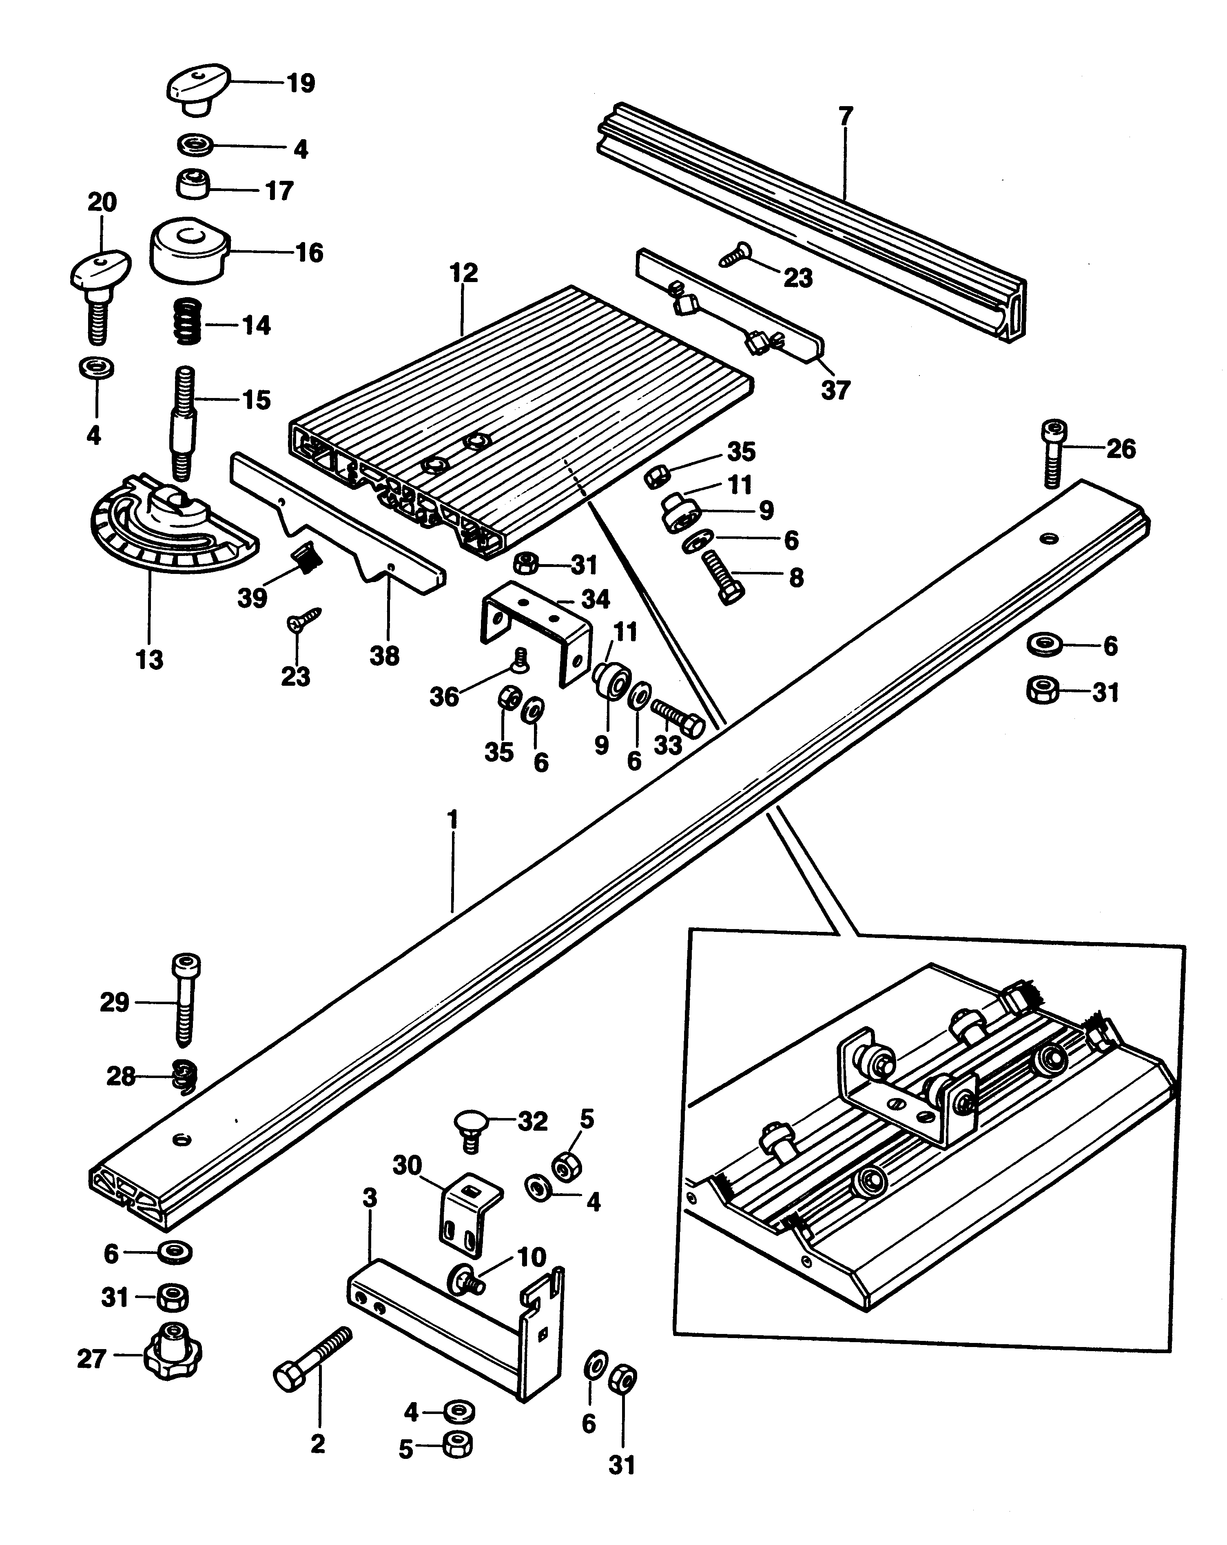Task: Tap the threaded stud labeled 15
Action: pyautogui.click(x=182, y=423)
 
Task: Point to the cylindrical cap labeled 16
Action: pyautogui.click(x=190, y=250)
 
